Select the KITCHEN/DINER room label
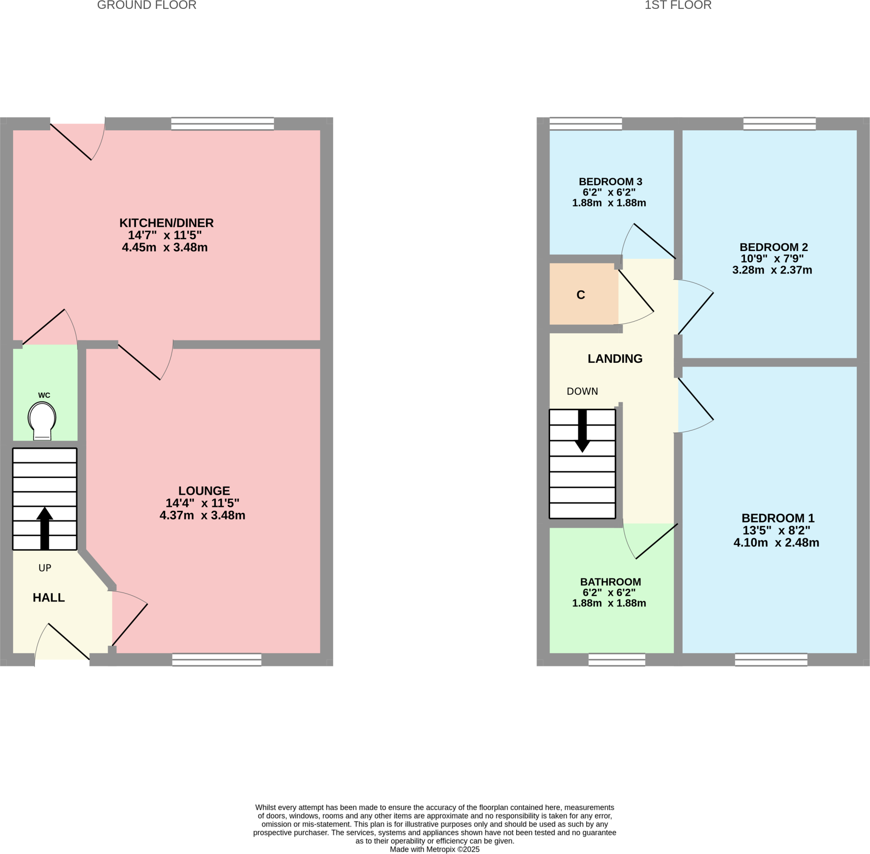point(167,223)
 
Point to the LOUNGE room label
point(204,491)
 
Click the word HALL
point(49,597)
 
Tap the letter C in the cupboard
point(581,295)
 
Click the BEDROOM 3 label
point(610,182)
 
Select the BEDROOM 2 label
point(774,247)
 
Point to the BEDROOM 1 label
point(778,518)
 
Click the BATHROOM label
point(610,582)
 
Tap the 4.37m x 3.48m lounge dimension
point(202,515)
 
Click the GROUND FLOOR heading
point(147,6)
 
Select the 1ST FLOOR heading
point(678,6)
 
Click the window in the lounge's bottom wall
point(217,659)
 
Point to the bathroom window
point(617,659)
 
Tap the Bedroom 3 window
point(586,124)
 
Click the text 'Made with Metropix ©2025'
point(435,849)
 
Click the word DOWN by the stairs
point(582,391)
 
